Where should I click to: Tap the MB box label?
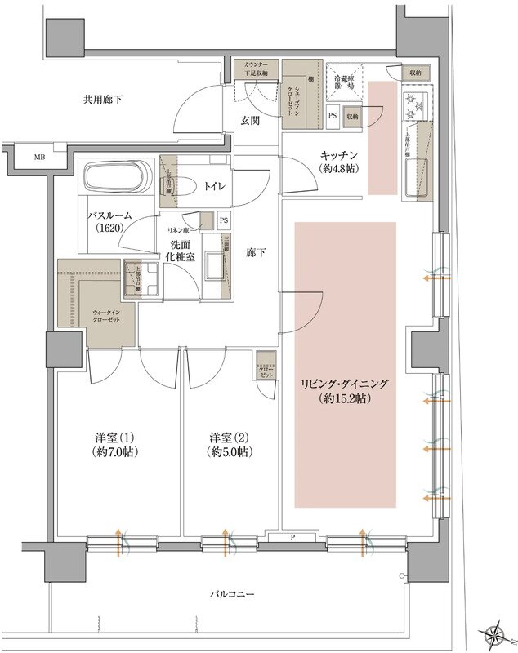[x=39, y=157]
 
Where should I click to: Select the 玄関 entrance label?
[x=249, y=121]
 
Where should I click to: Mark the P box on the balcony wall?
[x=292, y=537]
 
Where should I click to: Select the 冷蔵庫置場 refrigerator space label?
[x=341, y=79]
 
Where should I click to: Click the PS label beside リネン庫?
[x=224, y=220]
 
